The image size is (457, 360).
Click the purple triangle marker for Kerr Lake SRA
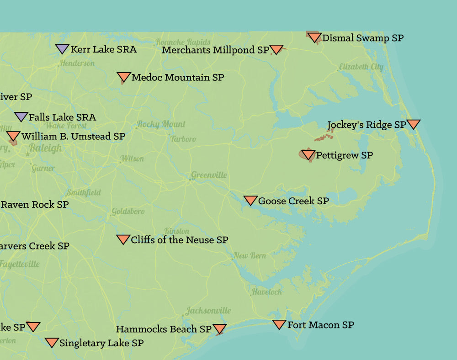point(62,48)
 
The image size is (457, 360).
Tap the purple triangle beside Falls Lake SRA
point(21,116)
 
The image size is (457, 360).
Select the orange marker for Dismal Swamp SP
point(314,37)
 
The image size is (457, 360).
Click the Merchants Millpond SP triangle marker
point(276,49)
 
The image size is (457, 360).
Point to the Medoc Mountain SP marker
point(123,77)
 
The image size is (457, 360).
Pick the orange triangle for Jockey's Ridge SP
point(413,124)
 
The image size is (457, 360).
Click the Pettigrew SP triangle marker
point(308,155)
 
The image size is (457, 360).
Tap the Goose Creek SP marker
point(250,200)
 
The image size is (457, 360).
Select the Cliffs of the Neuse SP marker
point(123,239)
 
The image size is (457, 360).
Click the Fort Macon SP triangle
point(279,324)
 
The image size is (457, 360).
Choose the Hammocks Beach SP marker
point(220,329)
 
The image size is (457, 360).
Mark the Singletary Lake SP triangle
point(52,342)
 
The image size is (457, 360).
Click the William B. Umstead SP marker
point(13,136)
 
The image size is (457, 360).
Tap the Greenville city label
point(208,175)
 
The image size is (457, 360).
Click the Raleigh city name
point(45,148)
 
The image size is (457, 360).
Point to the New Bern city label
point(250,256)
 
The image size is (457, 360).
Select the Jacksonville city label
point(208,311)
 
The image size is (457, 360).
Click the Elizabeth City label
point(361,67)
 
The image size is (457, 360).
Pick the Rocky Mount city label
point(161,124)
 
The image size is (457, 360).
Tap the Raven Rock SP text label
point(35,204)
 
